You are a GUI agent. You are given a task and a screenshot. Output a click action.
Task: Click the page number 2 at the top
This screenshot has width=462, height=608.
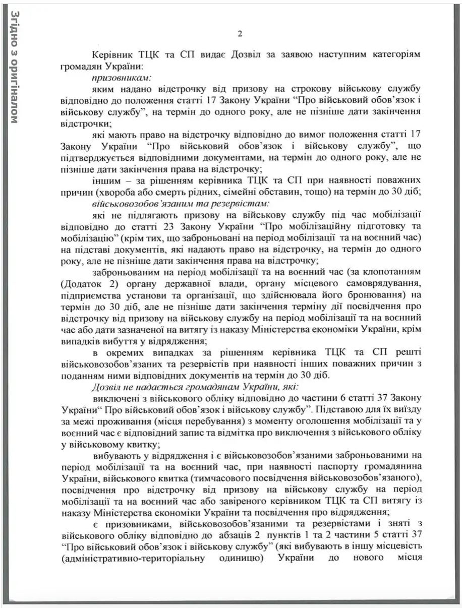click(x=240, y=34)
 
